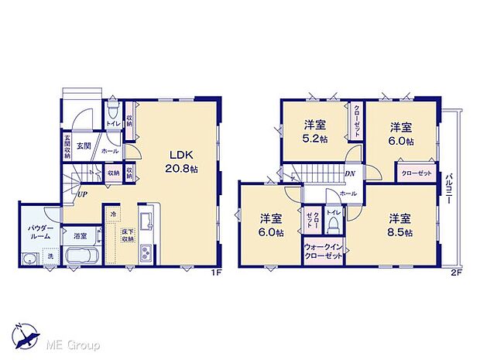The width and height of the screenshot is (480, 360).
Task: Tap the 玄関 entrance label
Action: click(84, 145)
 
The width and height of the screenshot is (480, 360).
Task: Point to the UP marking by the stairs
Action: click(81, 194)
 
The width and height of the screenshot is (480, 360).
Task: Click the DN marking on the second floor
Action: click(350, 174)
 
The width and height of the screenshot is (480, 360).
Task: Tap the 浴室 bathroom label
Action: click(80, 234)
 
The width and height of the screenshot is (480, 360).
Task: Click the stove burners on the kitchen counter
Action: click(147, 214)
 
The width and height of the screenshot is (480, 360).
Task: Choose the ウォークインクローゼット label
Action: click(324, 255)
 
